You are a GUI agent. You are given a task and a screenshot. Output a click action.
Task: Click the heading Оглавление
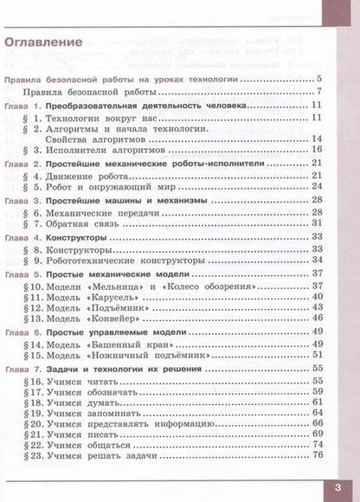(43, 42)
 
